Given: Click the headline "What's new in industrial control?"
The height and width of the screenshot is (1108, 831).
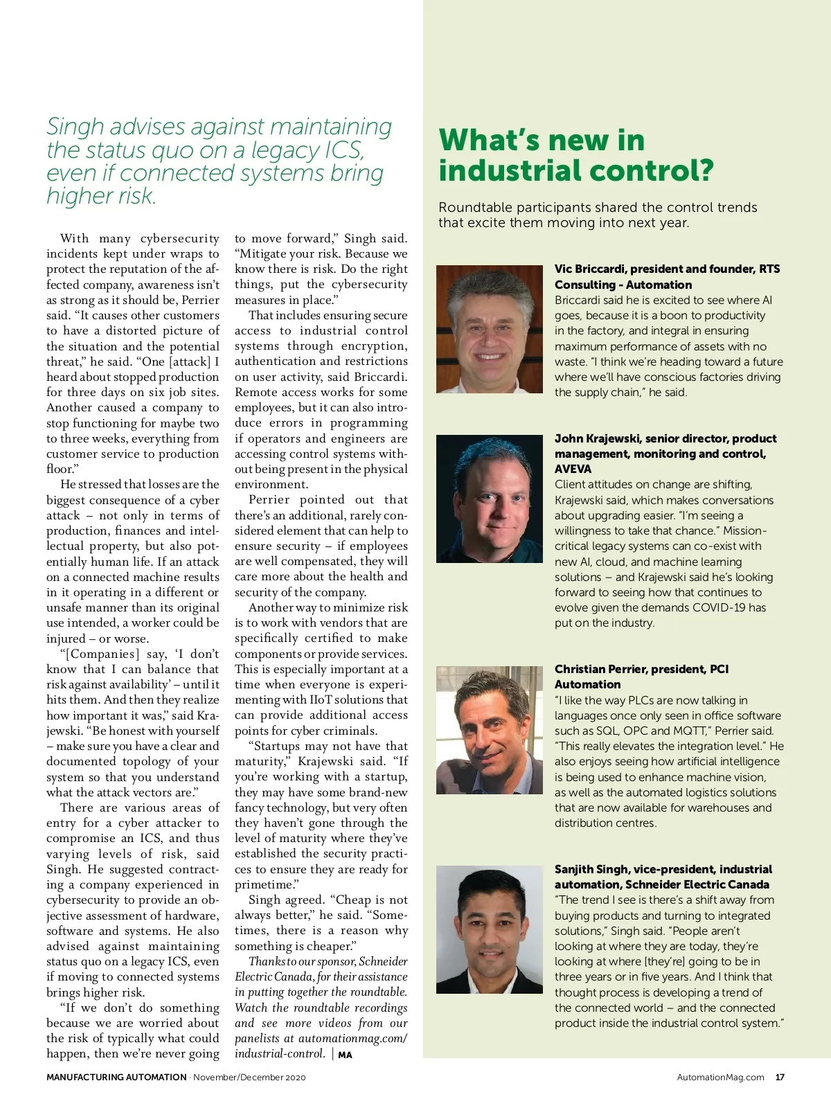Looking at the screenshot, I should point(575,155).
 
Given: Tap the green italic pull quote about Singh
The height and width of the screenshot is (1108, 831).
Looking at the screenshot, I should point(219,161).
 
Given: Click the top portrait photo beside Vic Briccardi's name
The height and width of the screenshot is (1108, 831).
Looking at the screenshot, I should point(490,329).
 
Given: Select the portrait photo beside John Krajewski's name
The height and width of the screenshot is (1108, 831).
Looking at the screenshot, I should point(490,499).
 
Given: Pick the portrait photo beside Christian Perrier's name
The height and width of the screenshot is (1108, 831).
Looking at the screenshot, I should point(490,730).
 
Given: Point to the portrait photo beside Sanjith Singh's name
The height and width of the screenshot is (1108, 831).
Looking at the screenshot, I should point(490,929).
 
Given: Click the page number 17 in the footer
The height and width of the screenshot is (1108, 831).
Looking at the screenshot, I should point(780,1077).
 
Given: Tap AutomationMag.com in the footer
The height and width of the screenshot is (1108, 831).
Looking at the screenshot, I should point(720,1077).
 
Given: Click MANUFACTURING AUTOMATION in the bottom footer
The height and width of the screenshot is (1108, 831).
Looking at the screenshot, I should point(116,1077).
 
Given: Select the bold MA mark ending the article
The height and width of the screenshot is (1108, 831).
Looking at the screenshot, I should point(345,1055).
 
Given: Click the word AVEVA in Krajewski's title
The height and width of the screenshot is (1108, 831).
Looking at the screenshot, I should point(573,469).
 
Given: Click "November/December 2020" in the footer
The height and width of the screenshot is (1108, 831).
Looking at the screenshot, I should point(249,1077).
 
